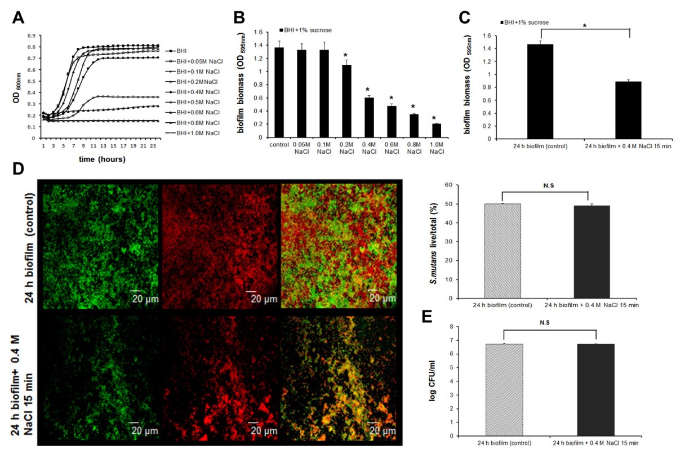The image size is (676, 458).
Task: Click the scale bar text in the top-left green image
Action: point(145,297)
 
